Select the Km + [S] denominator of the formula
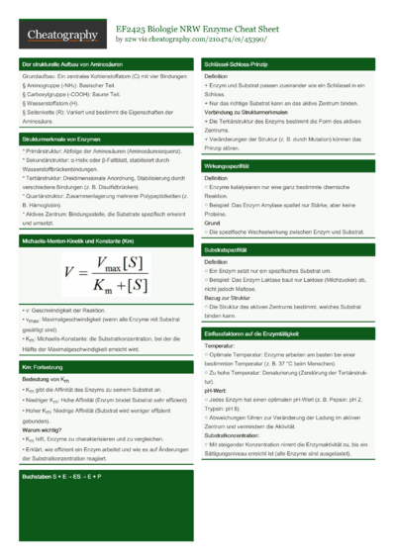click(x=118, y=284)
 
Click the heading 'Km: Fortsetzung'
click(x=45, y=367)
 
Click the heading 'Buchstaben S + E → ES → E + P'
click(x=62, y=477)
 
